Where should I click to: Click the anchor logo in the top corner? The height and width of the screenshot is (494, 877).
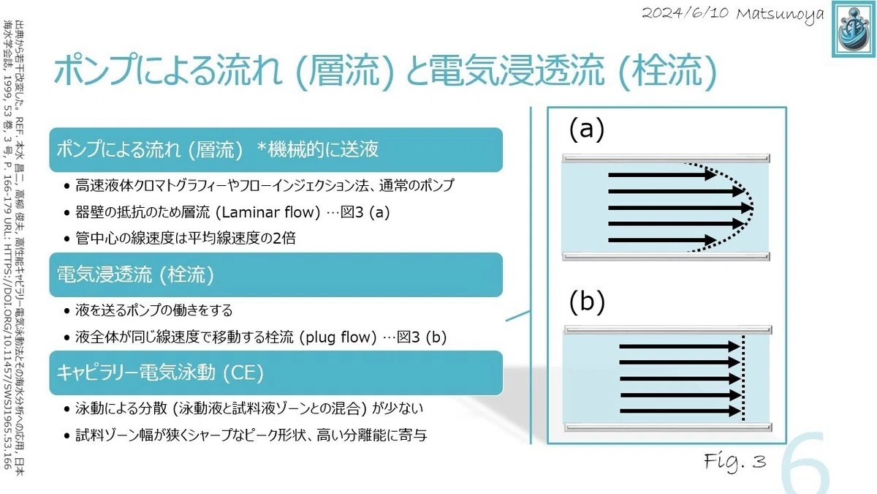click(x=854, y=29)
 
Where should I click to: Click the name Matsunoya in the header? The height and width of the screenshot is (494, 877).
click(x=780, y=15)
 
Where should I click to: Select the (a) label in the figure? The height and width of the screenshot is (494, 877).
click(x=586, y=129)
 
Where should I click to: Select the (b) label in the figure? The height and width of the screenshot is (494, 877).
click(x=587, y=302)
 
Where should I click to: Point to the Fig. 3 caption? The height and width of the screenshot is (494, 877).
click(x=735, y=462)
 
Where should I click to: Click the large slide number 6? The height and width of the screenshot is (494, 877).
click(x=805, y=463)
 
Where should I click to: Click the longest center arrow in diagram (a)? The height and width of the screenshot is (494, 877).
click(x=680, y=207)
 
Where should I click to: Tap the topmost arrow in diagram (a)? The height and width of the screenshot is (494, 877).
click(x=662, y=175)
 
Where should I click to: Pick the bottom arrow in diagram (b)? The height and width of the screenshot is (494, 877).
click(x=680, y=411)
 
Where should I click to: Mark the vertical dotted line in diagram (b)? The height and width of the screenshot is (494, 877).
click(x=743, y=378)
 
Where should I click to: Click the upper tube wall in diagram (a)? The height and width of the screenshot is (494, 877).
click(x=666, y=158)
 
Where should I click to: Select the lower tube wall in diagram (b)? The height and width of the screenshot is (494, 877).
click(x=668, y=427)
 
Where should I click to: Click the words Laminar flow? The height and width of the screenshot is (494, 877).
click(x=268, y=212)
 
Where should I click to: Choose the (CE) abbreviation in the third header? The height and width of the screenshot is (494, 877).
click(x=243, y=373)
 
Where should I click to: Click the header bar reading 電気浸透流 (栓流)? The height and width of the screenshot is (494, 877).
click(x=276, y=275)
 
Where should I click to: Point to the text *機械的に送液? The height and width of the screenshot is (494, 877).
click(x=317, y=149)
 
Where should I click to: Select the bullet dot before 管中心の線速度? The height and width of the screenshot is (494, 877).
click(x=67, y=239)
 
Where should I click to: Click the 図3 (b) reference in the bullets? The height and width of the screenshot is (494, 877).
click(x=421, y=337)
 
